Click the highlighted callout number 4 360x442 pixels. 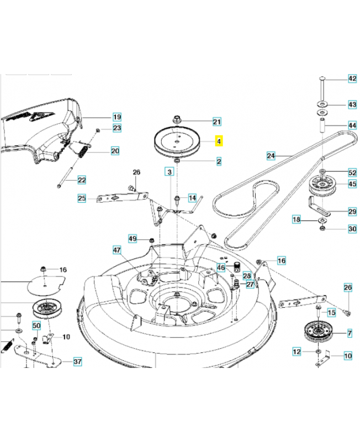(219, 142)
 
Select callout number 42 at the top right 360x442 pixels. (352, 79)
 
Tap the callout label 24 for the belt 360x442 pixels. (271, 156)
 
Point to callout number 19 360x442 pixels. (117, 117)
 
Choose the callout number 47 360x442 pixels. (117, 250)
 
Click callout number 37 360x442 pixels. (77, 362)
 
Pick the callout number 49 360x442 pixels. (133, 239)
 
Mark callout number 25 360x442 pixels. (82, 198)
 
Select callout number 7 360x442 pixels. (348, 333)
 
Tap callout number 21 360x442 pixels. (216, 122)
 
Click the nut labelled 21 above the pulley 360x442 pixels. (178, 119)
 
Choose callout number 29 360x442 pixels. (352, 212)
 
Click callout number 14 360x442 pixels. (192, 198)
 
